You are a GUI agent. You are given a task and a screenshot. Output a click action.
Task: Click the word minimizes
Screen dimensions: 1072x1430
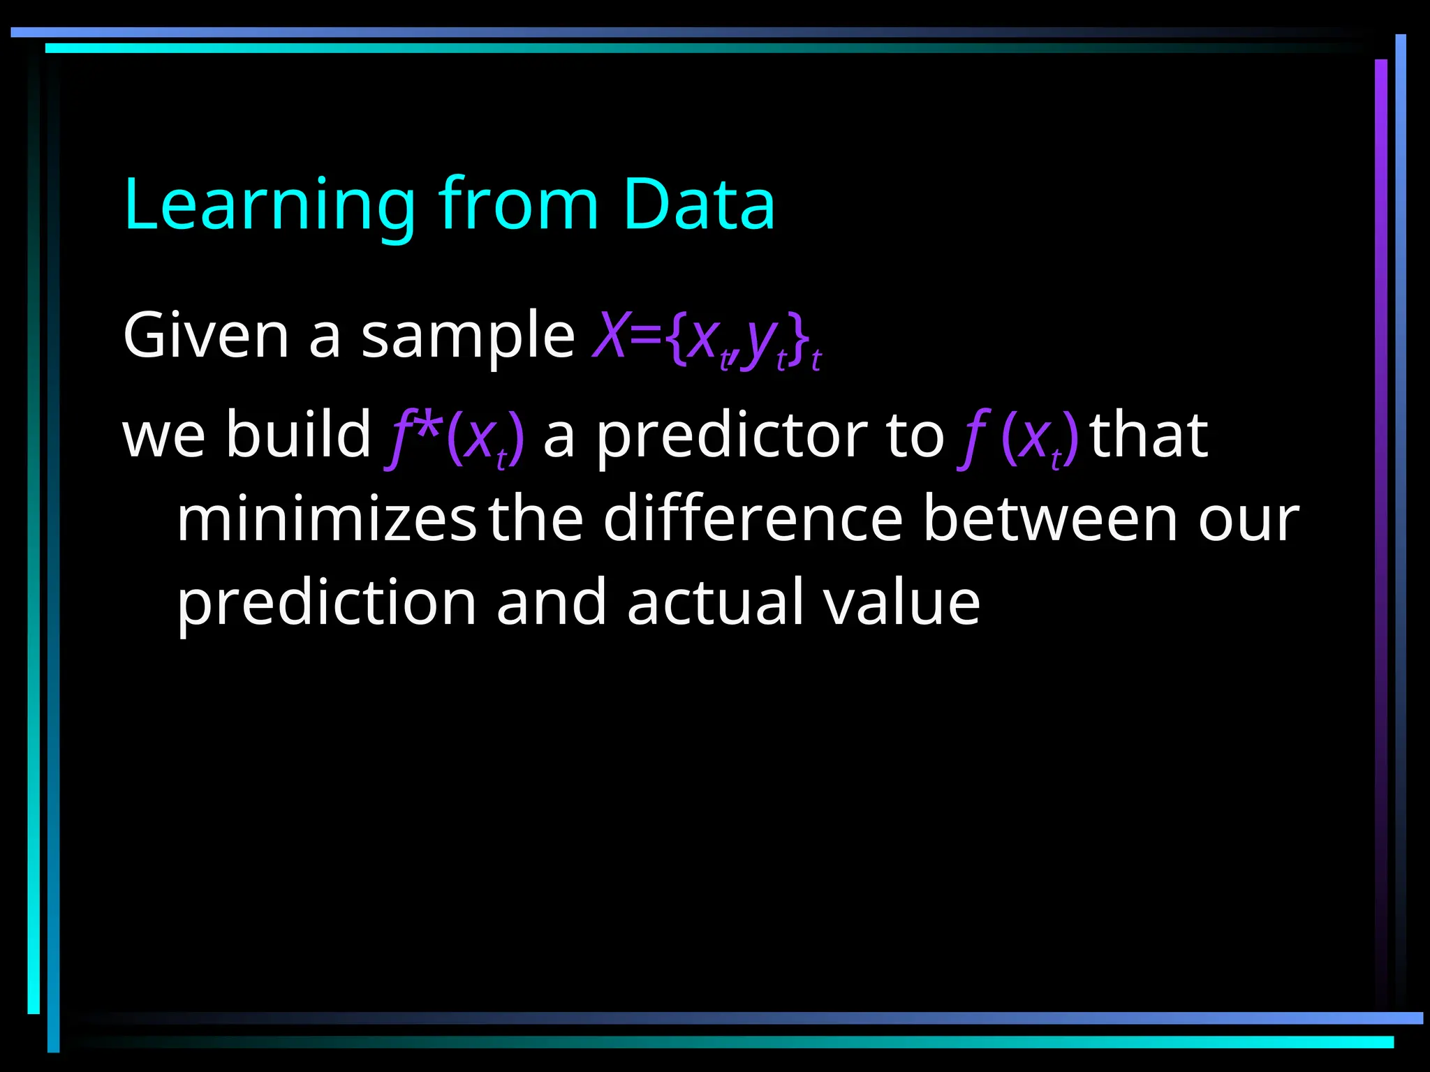pos(326,519)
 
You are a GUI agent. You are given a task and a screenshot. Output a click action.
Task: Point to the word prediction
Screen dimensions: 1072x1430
pos(326,604)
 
